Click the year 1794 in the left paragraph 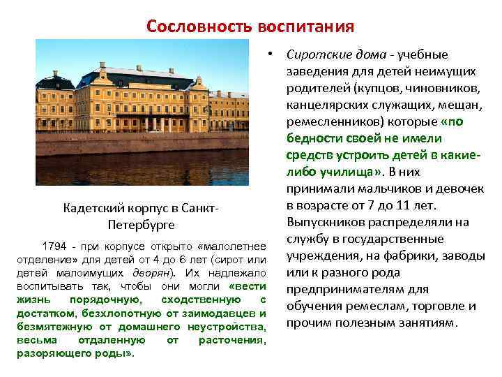point(55,247)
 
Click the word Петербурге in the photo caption point(142,226)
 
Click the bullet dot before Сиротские point(268,54)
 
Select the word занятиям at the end point(432,323)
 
